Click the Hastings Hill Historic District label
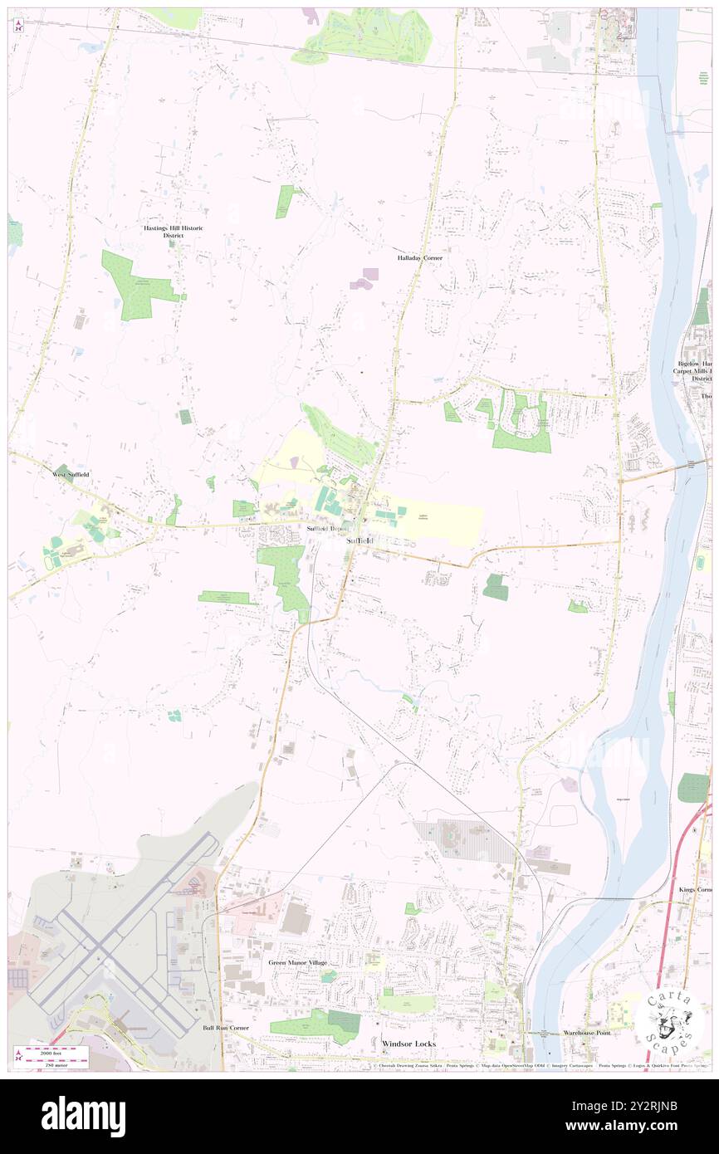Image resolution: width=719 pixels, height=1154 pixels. [172, 232]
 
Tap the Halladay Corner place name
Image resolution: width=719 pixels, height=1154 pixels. [419, 258]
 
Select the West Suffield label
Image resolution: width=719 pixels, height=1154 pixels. [71, 474]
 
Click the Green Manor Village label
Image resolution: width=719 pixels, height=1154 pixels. [297, 962]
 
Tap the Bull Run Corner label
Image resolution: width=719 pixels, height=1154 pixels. [226, 1028]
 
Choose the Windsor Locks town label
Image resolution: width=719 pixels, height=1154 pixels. [408, 1043]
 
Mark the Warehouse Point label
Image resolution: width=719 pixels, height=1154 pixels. [586, 1033]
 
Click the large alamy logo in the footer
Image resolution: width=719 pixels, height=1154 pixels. [83, 1116]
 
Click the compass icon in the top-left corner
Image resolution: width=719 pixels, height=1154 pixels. [18, 26]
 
